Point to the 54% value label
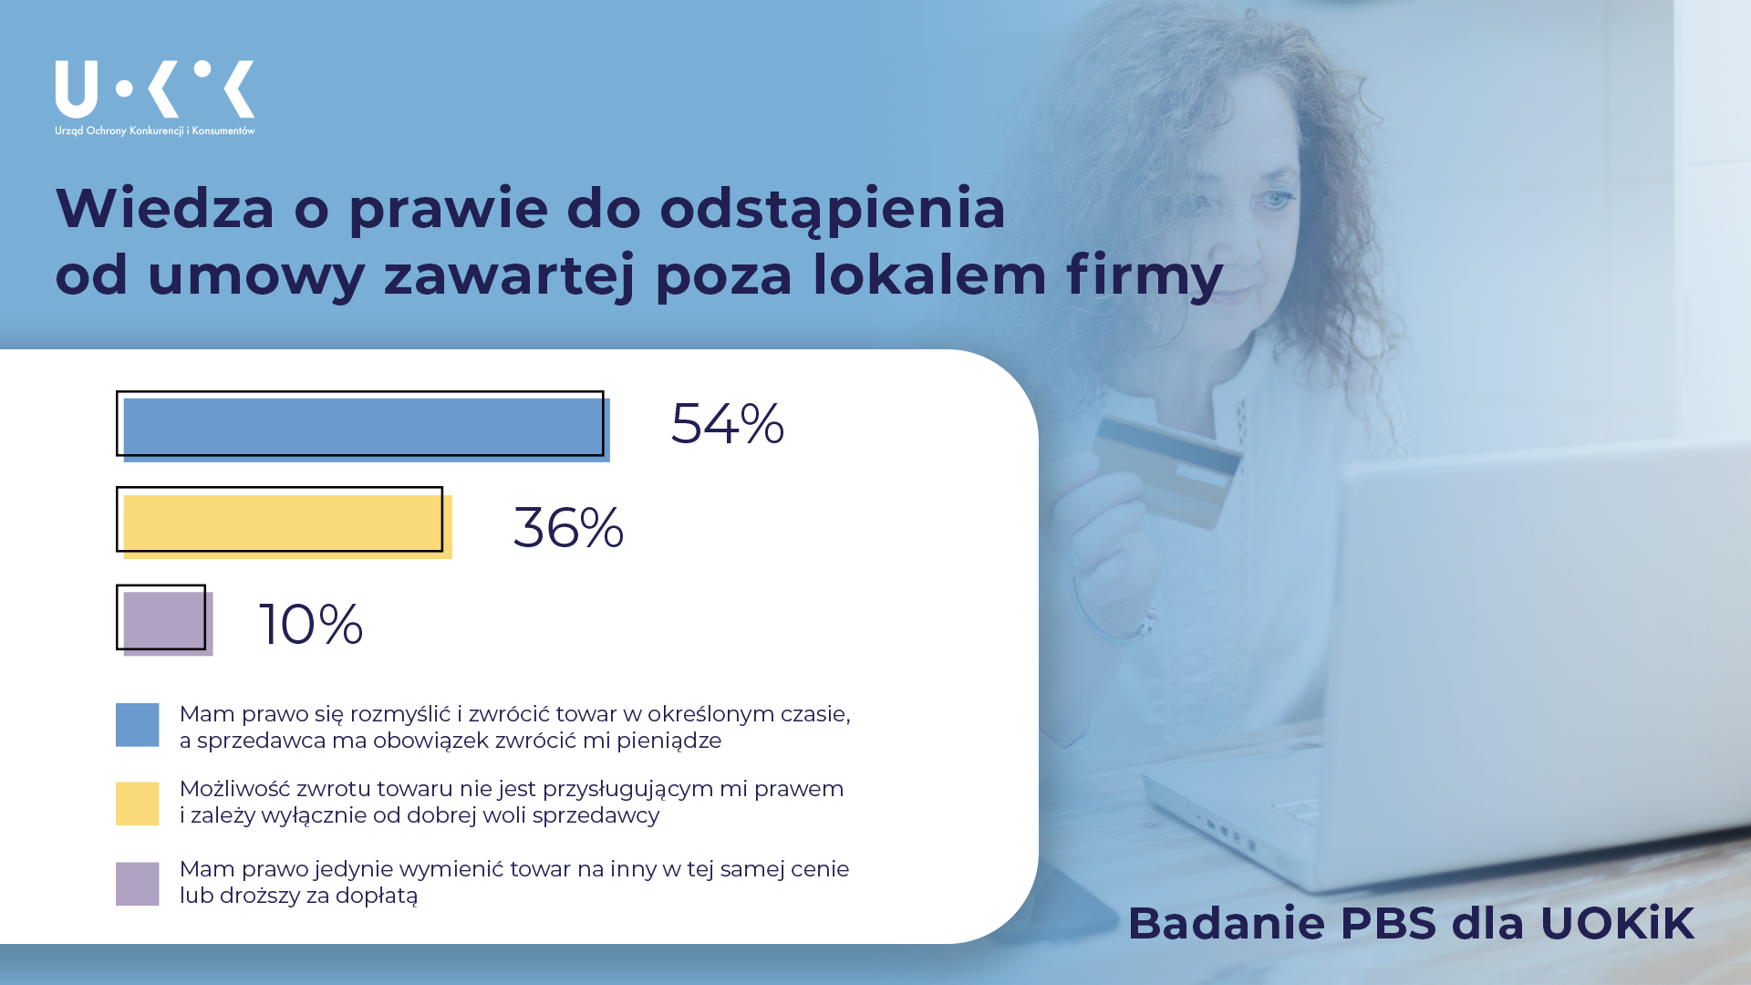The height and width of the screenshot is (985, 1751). tap(727, 423)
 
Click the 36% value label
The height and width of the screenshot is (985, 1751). tap(569, 527)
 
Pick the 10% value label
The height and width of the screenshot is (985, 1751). tap(311, 625)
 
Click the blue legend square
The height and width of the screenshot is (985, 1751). tap(138, 725)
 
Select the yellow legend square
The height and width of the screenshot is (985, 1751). tap(138, 804)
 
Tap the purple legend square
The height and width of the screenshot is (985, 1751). tap(138, 884)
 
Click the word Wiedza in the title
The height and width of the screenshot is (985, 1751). tap(165, 208)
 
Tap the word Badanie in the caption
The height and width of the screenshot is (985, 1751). tap(1227, 923)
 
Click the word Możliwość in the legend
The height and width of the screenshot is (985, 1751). tap(234, 790)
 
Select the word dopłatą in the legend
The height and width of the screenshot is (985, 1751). tap(377, 897)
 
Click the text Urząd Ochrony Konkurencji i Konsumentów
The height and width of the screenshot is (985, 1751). tap(155, 131)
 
